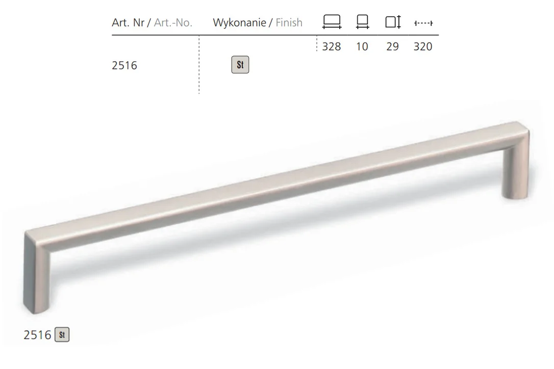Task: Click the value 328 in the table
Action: tap(332, 46)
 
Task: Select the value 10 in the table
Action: tap(362, 46)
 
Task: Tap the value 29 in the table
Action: tap(392, 46)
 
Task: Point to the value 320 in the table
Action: tap(423, 46)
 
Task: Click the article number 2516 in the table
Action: tap(124, 66)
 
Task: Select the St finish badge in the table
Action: tap(240, 65)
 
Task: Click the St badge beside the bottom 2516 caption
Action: tap(62, 335)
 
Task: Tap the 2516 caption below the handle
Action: tap(37, 335)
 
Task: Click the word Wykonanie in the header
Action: tap(240, 22)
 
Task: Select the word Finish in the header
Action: tap(289, 22)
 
